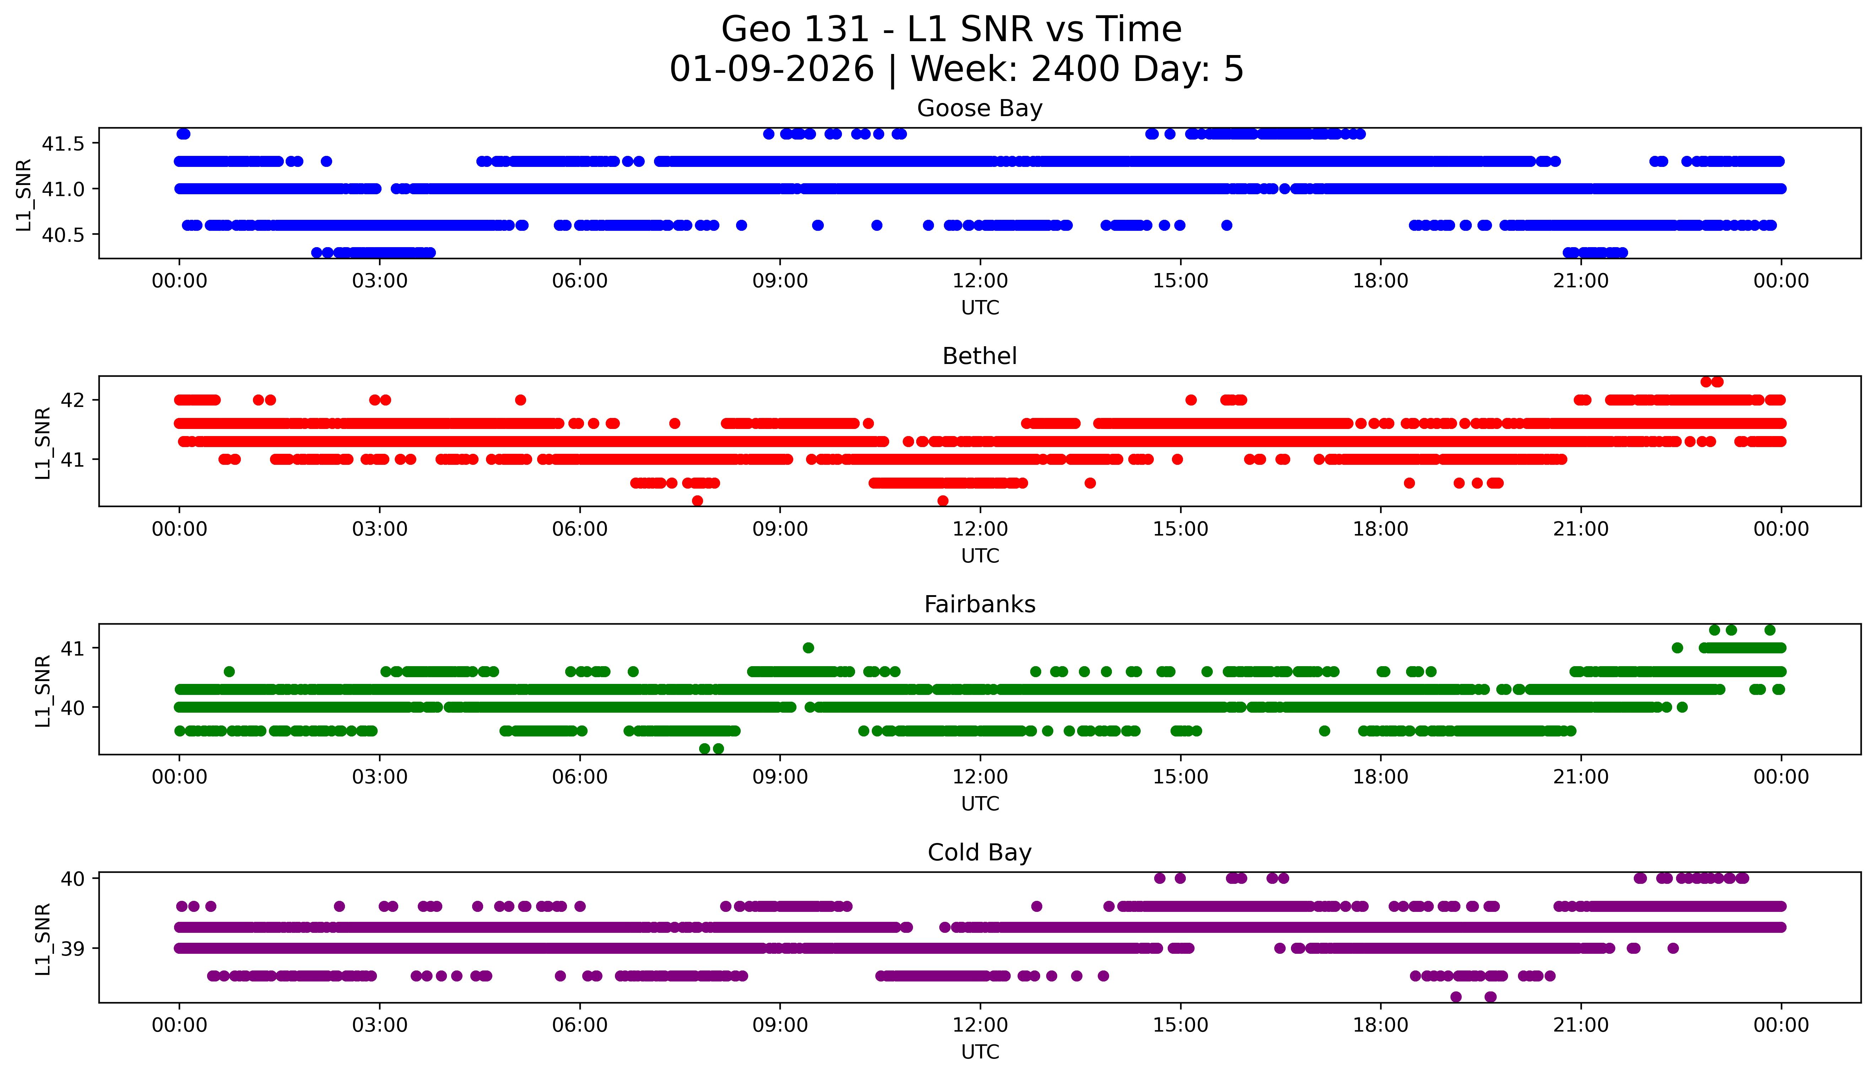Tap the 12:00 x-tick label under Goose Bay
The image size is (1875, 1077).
click(980, 281)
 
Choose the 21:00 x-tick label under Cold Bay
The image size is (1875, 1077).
click(1580, 1025)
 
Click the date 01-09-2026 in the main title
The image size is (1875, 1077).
click(772, 70)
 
